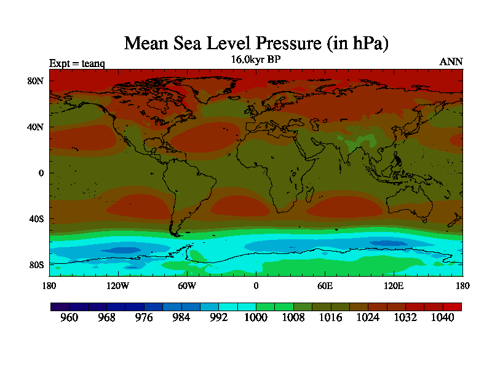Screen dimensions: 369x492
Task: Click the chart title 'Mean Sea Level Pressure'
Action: point(256,44)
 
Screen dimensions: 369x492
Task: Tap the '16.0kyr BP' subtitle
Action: point(256,60)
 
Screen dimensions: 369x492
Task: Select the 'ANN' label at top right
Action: point(451,62)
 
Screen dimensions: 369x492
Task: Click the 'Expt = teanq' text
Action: point(77,63)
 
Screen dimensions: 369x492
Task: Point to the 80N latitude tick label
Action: point(38,81)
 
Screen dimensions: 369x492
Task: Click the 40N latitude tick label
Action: point(38,127)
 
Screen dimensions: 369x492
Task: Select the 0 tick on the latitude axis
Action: point(41,173)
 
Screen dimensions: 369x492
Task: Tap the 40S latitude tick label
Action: point(38,219)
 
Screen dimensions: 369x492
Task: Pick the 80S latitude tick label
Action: point(38,264)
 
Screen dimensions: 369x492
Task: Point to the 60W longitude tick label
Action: point(187,285)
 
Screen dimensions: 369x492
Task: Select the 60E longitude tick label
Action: point(325,285)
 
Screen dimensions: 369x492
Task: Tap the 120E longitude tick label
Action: point(394,285)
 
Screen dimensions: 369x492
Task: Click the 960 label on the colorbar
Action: point(69,318)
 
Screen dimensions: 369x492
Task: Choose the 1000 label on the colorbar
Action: point(256,318)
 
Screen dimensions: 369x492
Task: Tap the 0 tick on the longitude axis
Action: point(256,285)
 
